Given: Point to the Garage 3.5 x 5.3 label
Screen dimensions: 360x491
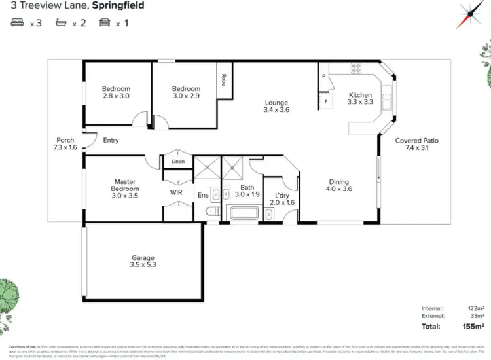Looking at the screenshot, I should click(x=143, y=261).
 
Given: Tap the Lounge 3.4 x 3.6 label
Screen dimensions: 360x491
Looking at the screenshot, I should click(x=276, y=106).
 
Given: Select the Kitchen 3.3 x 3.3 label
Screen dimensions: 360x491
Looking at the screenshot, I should click(x=359, y=98).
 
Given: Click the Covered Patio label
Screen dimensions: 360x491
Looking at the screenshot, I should click(x=416, y=144).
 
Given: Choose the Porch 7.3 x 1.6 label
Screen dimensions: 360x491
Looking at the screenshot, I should click(x=65, y=144).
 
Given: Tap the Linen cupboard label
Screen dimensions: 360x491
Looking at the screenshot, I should click(x=177, y=161).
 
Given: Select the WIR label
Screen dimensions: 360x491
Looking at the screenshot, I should click(x=176, y=193).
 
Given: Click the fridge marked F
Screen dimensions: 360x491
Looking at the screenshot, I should click(x=323, y=101).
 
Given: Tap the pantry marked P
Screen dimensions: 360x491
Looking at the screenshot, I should click(x=323, y=77).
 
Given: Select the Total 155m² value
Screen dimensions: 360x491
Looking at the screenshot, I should click(x=471, y=325).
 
